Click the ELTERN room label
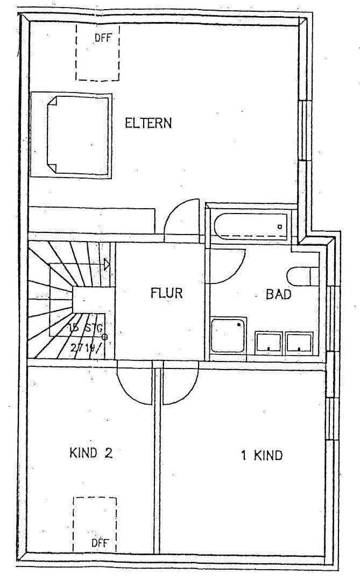click(148, 123)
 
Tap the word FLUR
click(166, 294)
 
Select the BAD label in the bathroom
click(278, 294)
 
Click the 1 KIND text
click(261, 456)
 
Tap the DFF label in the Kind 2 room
click(99, 543)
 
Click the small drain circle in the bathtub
click(280, 227)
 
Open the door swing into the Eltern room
click(182, 218)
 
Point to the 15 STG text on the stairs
click(81, 328)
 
